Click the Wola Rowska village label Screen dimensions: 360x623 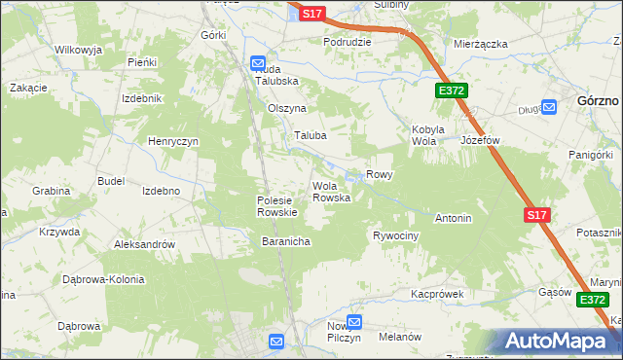[x=330, y=192]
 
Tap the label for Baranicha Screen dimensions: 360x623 [x=285, y=241]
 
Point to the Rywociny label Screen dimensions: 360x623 [x=396, y=236]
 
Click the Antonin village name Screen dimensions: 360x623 [x=453, y=218]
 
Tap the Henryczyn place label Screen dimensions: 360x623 [x=173, y=141]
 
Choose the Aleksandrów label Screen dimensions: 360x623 [x=144, y=245]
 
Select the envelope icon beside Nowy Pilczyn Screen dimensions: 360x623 [x=354, y=321]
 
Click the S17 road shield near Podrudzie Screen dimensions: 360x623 [x=311, y=14]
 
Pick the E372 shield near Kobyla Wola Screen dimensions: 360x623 [x=453, y=90]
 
